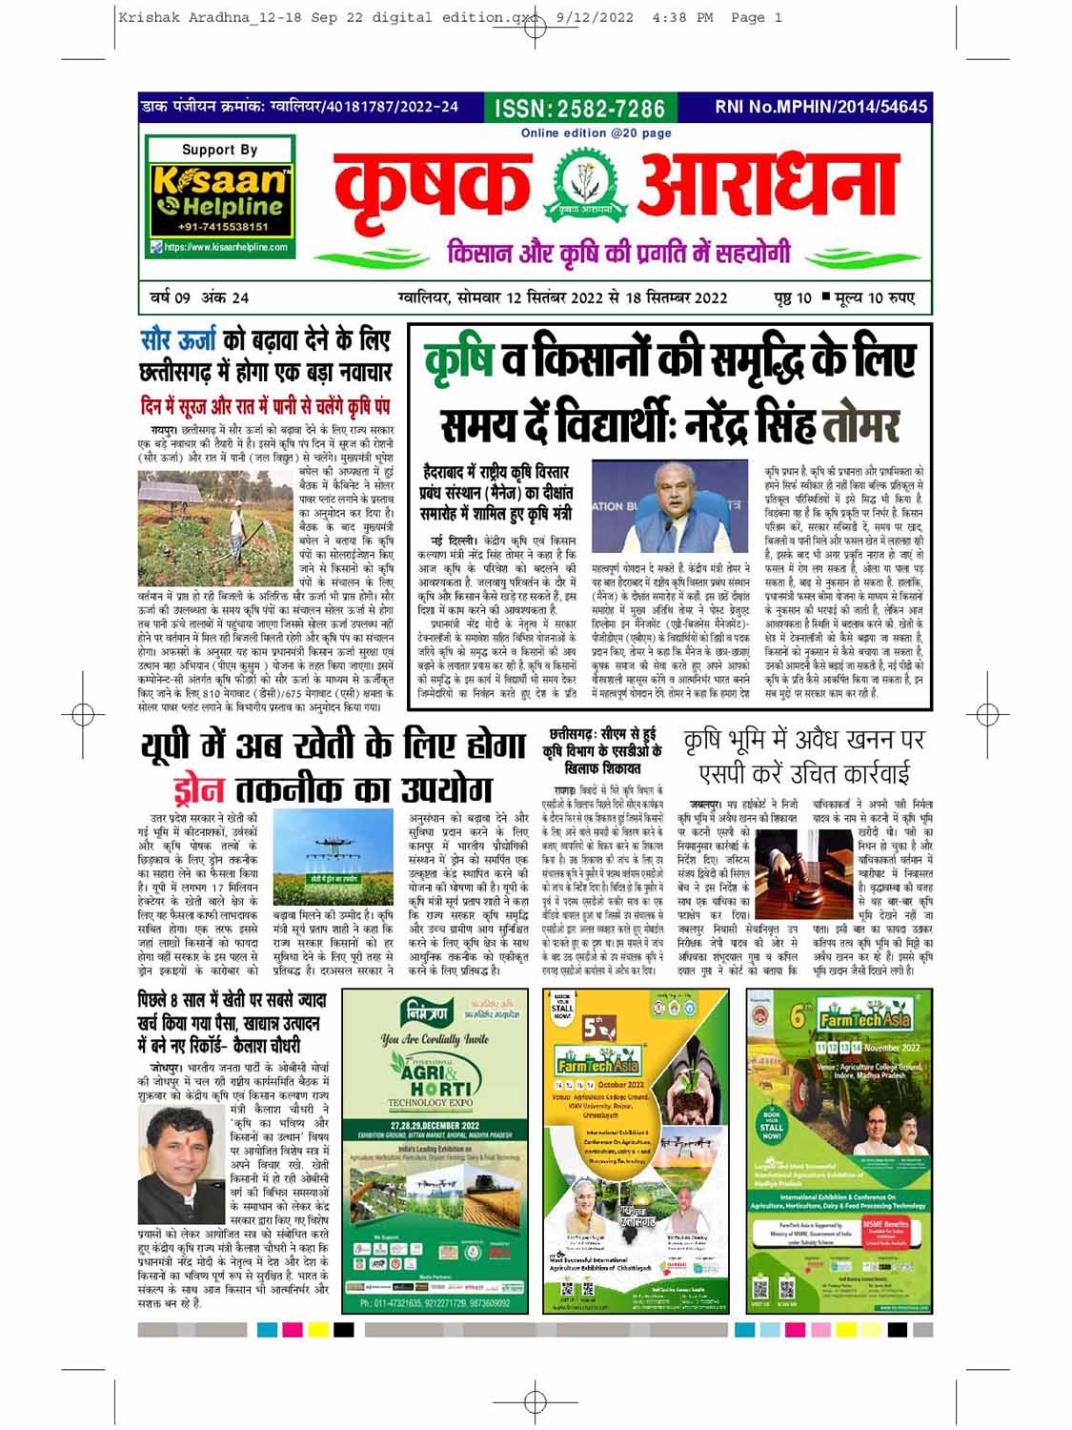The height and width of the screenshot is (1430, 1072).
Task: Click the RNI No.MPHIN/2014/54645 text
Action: pos(820,107)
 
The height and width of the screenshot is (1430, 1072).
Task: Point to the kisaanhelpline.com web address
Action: pos(225,248)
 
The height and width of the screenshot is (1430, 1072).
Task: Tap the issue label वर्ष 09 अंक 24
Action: pos(200,298)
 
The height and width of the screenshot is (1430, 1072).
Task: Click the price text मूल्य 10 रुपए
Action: pos(868,298)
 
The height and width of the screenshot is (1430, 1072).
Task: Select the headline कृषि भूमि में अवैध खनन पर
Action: pos(804,739)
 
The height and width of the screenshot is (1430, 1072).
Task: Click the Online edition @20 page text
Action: pos(596,133)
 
